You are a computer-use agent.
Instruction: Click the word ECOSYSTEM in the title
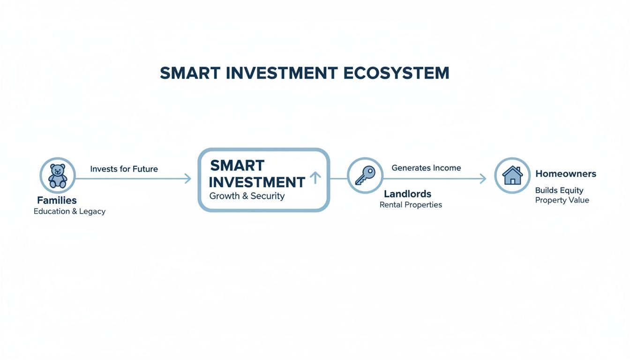click(396, 73)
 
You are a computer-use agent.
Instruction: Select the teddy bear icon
click(58, 176)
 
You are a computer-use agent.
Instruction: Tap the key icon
click(365, 176)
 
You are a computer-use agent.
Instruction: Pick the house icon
click(512, 175)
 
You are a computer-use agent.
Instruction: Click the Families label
click(57, 201)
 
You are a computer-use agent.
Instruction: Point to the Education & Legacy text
click(69, 211)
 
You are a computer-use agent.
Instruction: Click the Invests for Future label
click(124, 169)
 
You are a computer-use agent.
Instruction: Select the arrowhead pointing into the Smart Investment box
click(187, 178)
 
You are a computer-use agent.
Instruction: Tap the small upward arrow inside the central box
click(315, 177)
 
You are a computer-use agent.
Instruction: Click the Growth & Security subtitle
click(247, 196)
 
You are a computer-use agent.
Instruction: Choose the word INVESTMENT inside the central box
click(257, 182)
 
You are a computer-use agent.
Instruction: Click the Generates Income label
click(426, 168)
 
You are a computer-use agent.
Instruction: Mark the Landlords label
click(407, 194)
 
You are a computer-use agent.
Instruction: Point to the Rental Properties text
click(411, 205)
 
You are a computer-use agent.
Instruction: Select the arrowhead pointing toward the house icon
click(482, 178)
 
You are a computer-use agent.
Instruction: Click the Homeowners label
click(566, 174)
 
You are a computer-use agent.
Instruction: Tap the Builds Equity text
click(559, 190)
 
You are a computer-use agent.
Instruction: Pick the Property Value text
click(562, 200)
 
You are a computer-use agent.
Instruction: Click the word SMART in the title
click(190, 73)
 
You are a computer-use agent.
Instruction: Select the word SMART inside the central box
click(237, 165)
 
